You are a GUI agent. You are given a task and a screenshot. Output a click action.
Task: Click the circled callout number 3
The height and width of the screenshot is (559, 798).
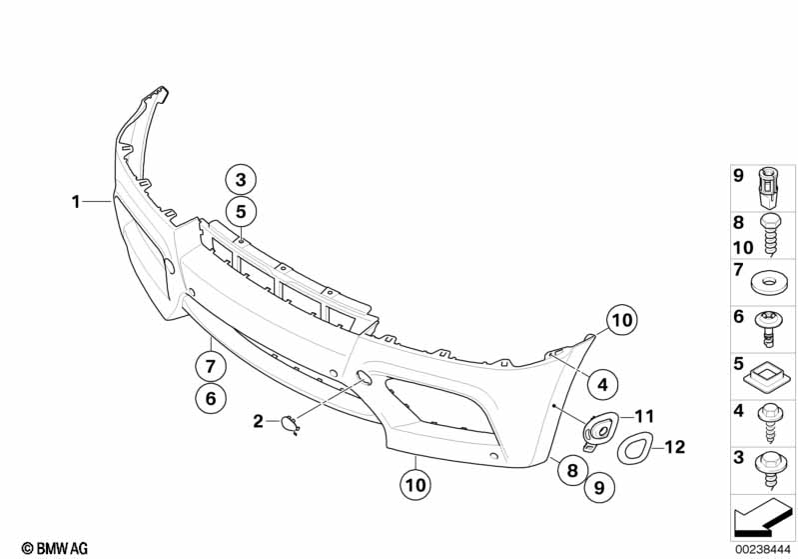[241, 180]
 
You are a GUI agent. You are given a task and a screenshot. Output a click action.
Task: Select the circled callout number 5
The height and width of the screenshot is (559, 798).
[241, 211]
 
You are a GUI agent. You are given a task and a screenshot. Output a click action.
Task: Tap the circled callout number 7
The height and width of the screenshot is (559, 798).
[211, 365]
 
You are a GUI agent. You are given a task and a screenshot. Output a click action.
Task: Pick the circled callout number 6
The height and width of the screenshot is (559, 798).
[211, 398]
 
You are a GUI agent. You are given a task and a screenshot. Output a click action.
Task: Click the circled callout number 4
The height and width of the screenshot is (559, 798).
[602, 384]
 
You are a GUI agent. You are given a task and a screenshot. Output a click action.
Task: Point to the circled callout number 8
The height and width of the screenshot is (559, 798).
[572, 470]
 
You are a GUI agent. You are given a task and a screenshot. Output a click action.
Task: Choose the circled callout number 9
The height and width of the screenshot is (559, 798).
[599, 488]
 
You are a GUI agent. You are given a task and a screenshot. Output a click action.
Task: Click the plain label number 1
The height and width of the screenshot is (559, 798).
[76, 202]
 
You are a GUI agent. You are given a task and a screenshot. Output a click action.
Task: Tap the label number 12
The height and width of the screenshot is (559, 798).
[675, 447]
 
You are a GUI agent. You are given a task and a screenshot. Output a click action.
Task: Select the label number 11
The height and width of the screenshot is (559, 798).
[644, 417]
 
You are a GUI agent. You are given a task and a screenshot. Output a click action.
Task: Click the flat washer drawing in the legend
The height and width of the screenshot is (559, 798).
[767, 281]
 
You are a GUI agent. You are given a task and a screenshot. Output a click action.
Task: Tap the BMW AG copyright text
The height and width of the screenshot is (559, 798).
[55, 548]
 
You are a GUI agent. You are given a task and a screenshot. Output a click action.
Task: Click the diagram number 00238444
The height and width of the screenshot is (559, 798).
[762, 549]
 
